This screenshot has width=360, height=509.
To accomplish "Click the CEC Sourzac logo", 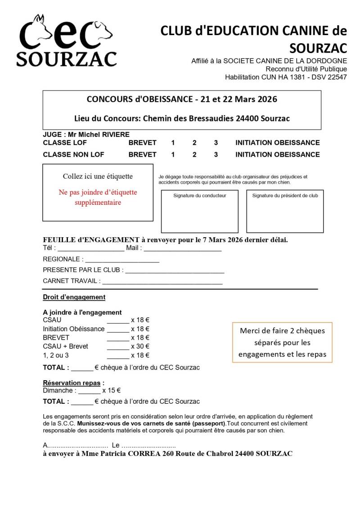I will [x=67, y=41].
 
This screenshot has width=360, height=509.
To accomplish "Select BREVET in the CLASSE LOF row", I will [x=142, y=143].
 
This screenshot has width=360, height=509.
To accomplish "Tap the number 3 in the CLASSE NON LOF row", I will [x=216, y=154].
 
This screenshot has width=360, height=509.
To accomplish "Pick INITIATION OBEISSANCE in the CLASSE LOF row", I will [x=277, y=143].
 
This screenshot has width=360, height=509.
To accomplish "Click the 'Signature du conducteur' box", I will [x=200, y=212].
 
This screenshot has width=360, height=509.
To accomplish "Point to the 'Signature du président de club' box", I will [x=285, y=212].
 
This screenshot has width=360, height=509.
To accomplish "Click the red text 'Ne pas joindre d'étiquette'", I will [x=98, y=193].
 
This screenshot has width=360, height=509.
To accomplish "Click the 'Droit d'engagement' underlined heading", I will [x=74, y=297].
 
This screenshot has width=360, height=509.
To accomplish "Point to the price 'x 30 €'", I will [x=140, y=346].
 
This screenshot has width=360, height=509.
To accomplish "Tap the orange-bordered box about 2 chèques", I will [x=282, y=342].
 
